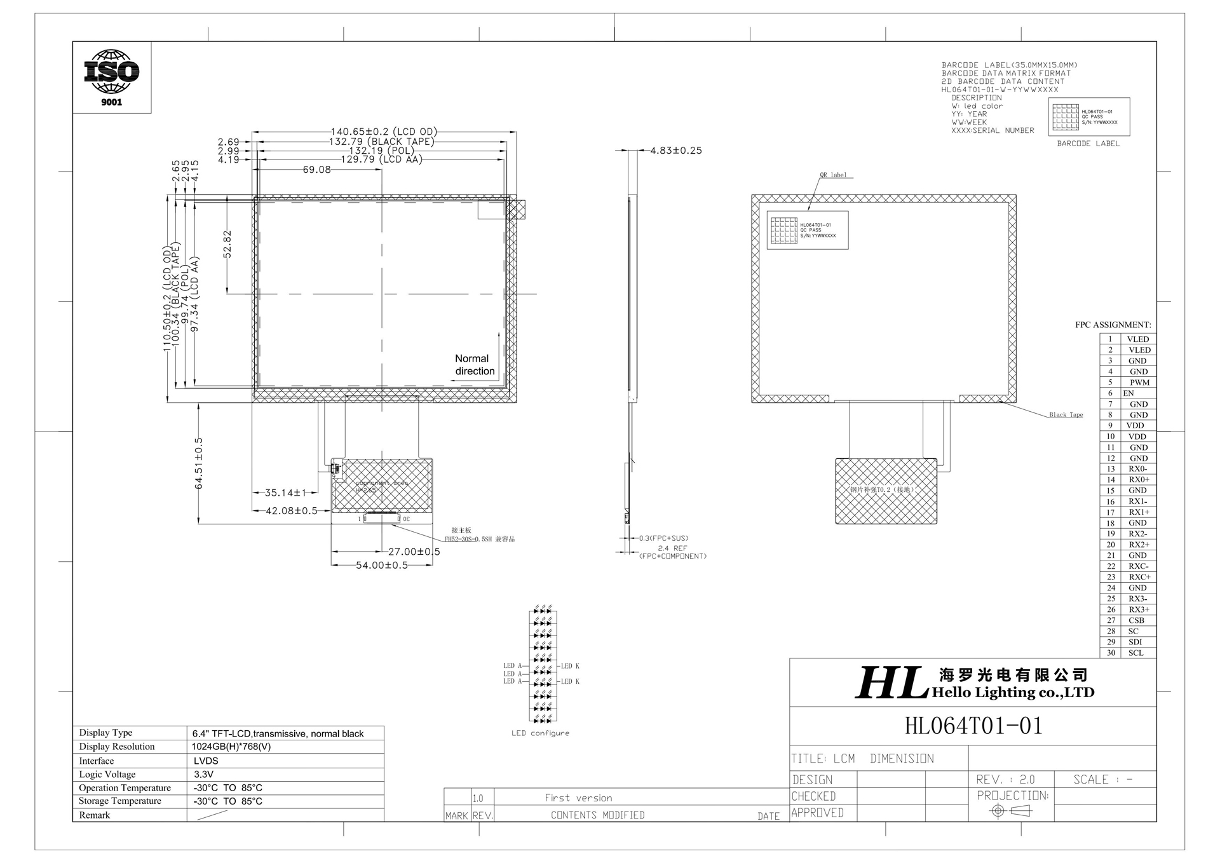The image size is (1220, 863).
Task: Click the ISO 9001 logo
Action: coord(112,77)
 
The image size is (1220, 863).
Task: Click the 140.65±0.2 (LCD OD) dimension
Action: coord(384,132)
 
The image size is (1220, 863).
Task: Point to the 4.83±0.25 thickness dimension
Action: coord(675,151)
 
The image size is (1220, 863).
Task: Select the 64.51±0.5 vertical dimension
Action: coord(199,463)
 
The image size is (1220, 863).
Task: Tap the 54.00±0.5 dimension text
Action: coord(381,565)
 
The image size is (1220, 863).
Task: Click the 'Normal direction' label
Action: coord(474,365)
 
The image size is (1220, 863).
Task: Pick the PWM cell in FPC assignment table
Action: coord(1139,383)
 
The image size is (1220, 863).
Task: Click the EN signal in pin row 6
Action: coord(1128,393)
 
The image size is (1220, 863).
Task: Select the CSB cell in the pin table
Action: coord(1136,620)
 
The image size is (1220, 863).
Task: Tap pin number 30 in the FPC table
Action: coord(1111,653)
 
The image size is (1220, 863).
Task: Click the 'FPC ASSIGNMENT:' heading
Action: coord(1113,325)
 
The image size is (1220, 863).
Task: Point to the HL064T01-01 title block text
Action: coord(973,726)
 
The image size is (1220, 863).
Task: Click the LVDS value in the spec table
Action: coord(206,761)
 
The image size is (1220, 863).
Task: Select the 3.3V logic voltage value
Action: coord(203,774)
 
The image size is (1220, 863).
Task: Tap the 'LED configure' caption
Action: coord(540,733)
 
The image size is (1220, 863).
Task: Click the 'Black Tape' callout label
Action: coord(1066,415)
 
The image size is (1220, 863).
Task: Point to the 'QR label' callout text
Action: coord(833,175)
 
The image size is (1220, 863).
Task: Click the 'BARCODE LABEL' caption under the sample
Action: coord(1088,144)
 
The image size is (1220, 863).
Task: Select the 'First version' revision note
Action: coord(578,798)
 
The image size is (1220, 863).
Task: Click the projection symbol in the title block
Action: coord(1012,811)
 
